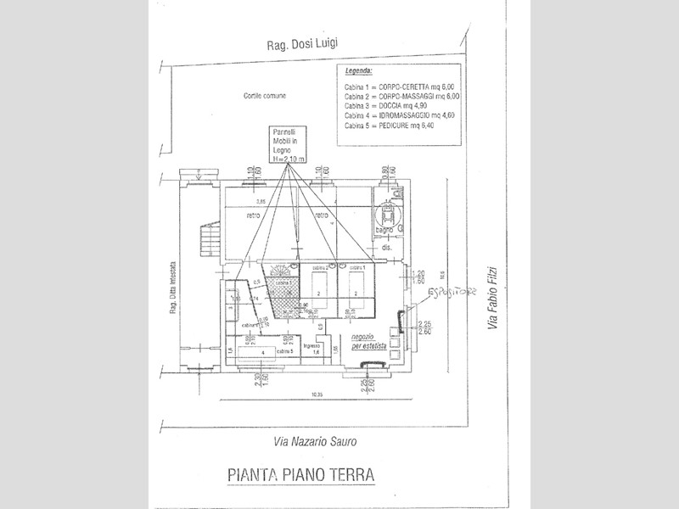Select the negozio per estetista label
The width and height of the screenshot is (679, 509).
click(370, 341)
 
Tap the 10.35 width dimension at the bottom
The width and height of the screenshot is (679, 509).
click(318, 394)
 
